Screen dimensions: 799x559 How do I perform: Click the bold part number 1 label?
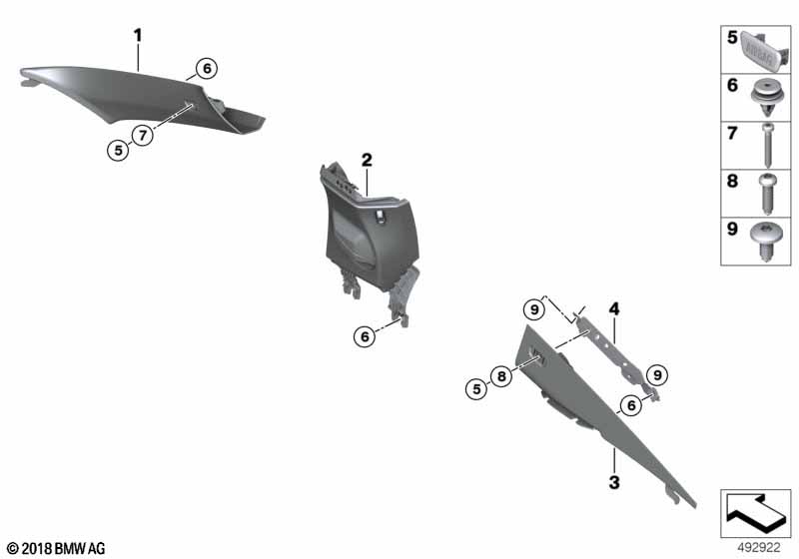138,36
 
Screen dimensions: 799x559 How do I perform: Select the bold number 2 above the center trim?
367,161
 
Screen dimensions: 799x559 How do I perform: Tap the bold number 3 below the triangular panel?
614,481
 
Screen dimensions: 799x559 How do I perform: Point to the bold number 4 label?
614,308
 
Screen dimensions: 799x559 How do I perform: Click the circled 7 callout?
142,136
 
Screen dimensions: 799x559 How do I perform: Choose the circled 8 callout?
501,376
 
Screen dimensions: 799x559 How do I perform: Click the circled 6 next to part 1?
207,68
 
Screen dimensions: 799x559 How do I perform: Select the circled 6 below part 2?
365,336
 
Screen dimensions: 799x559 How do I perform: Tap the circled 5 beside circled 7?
118,150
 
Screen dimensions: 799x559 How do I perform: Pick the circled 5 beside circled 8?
476,389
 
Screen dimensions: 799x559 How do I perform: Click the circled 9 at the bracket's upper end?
534,309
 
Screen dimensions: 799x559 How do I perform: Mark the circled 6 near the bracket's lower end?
631,405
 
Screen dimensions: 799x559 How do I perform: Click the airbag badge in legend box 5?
765,49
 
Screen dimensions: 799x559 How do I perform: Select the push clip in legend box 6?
767,98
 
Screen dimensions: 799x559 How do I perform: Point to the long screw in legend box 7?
767,146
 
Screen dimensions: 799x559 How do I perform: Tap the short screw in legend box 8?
766,194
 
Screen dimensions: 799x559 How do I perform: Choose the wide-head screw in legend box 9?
767,242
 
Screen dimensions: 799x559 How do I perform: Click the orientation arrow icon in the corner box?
756,513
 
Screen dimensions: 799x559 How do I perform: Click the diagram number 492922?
759,548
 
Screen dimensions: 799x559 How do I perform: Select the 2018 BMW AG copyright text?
56,549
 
